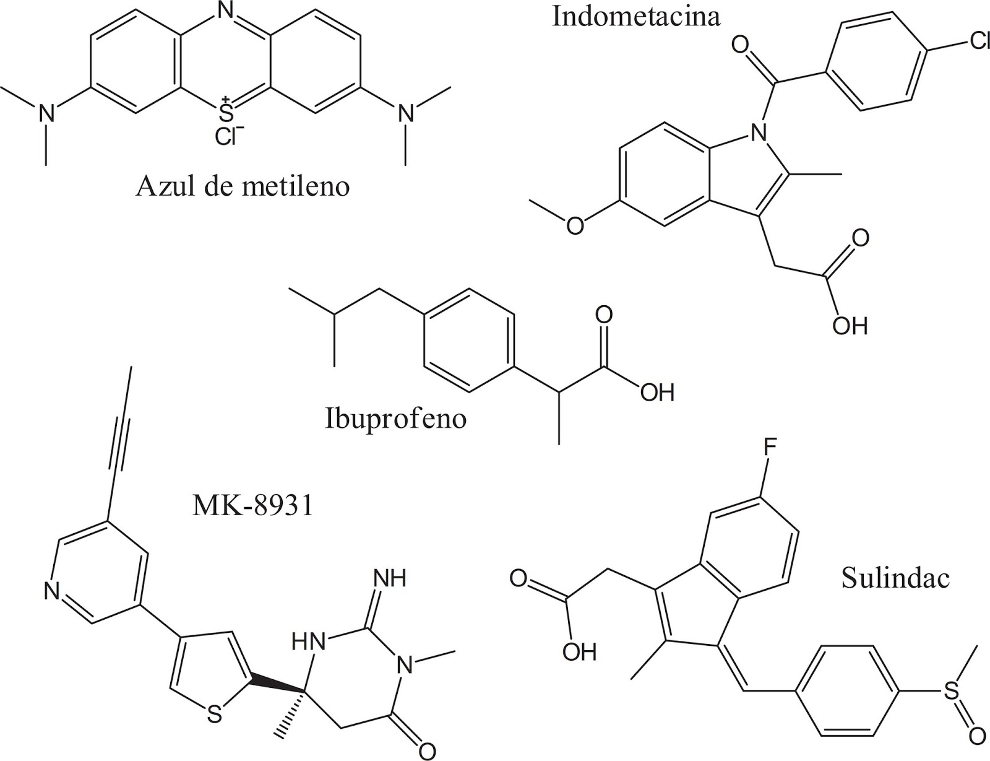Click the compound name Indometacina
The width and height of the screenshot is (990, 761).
click(636, 17)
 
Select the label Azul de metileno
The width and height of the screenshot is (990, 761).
click(242, 185)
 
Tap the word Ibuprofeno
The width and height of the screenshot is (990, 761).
click(395, 419)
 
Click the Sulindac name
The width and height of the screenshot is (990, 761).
click(895, 578)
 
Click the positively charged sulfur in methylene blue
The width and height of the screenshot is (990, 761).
click(226, 112)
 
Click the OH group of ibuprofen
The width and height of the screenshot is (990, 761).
click(656, 393)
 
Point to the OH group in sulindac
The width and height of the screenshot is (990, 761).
click(579, 651)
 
